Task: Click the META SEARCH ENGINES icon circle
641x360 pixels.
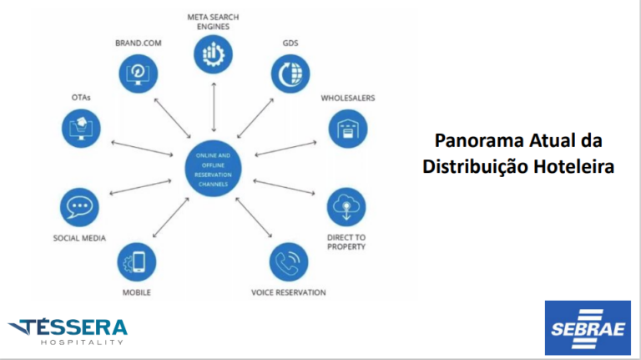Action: tap(214, 54)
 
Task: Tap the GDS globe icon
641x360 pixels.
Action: tap(290, 73)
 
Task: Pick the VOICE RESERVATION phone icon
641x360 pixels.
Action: tap(289, 261)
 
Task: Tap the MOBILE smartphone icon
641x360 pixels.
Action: tap(136, 261)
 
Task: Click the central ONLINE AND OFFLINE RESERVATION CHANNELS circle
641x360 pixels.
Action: tap(215, 170)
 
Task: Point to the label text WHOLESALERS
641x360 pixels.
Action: tap(348, 98)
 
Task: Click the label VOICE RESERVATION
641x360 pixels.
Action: tap(289, 292)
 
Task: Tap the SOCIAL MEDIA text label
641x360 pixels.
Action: tap(79, 238)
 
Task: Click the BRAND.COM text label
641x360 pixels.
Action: tap(139, 42)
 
